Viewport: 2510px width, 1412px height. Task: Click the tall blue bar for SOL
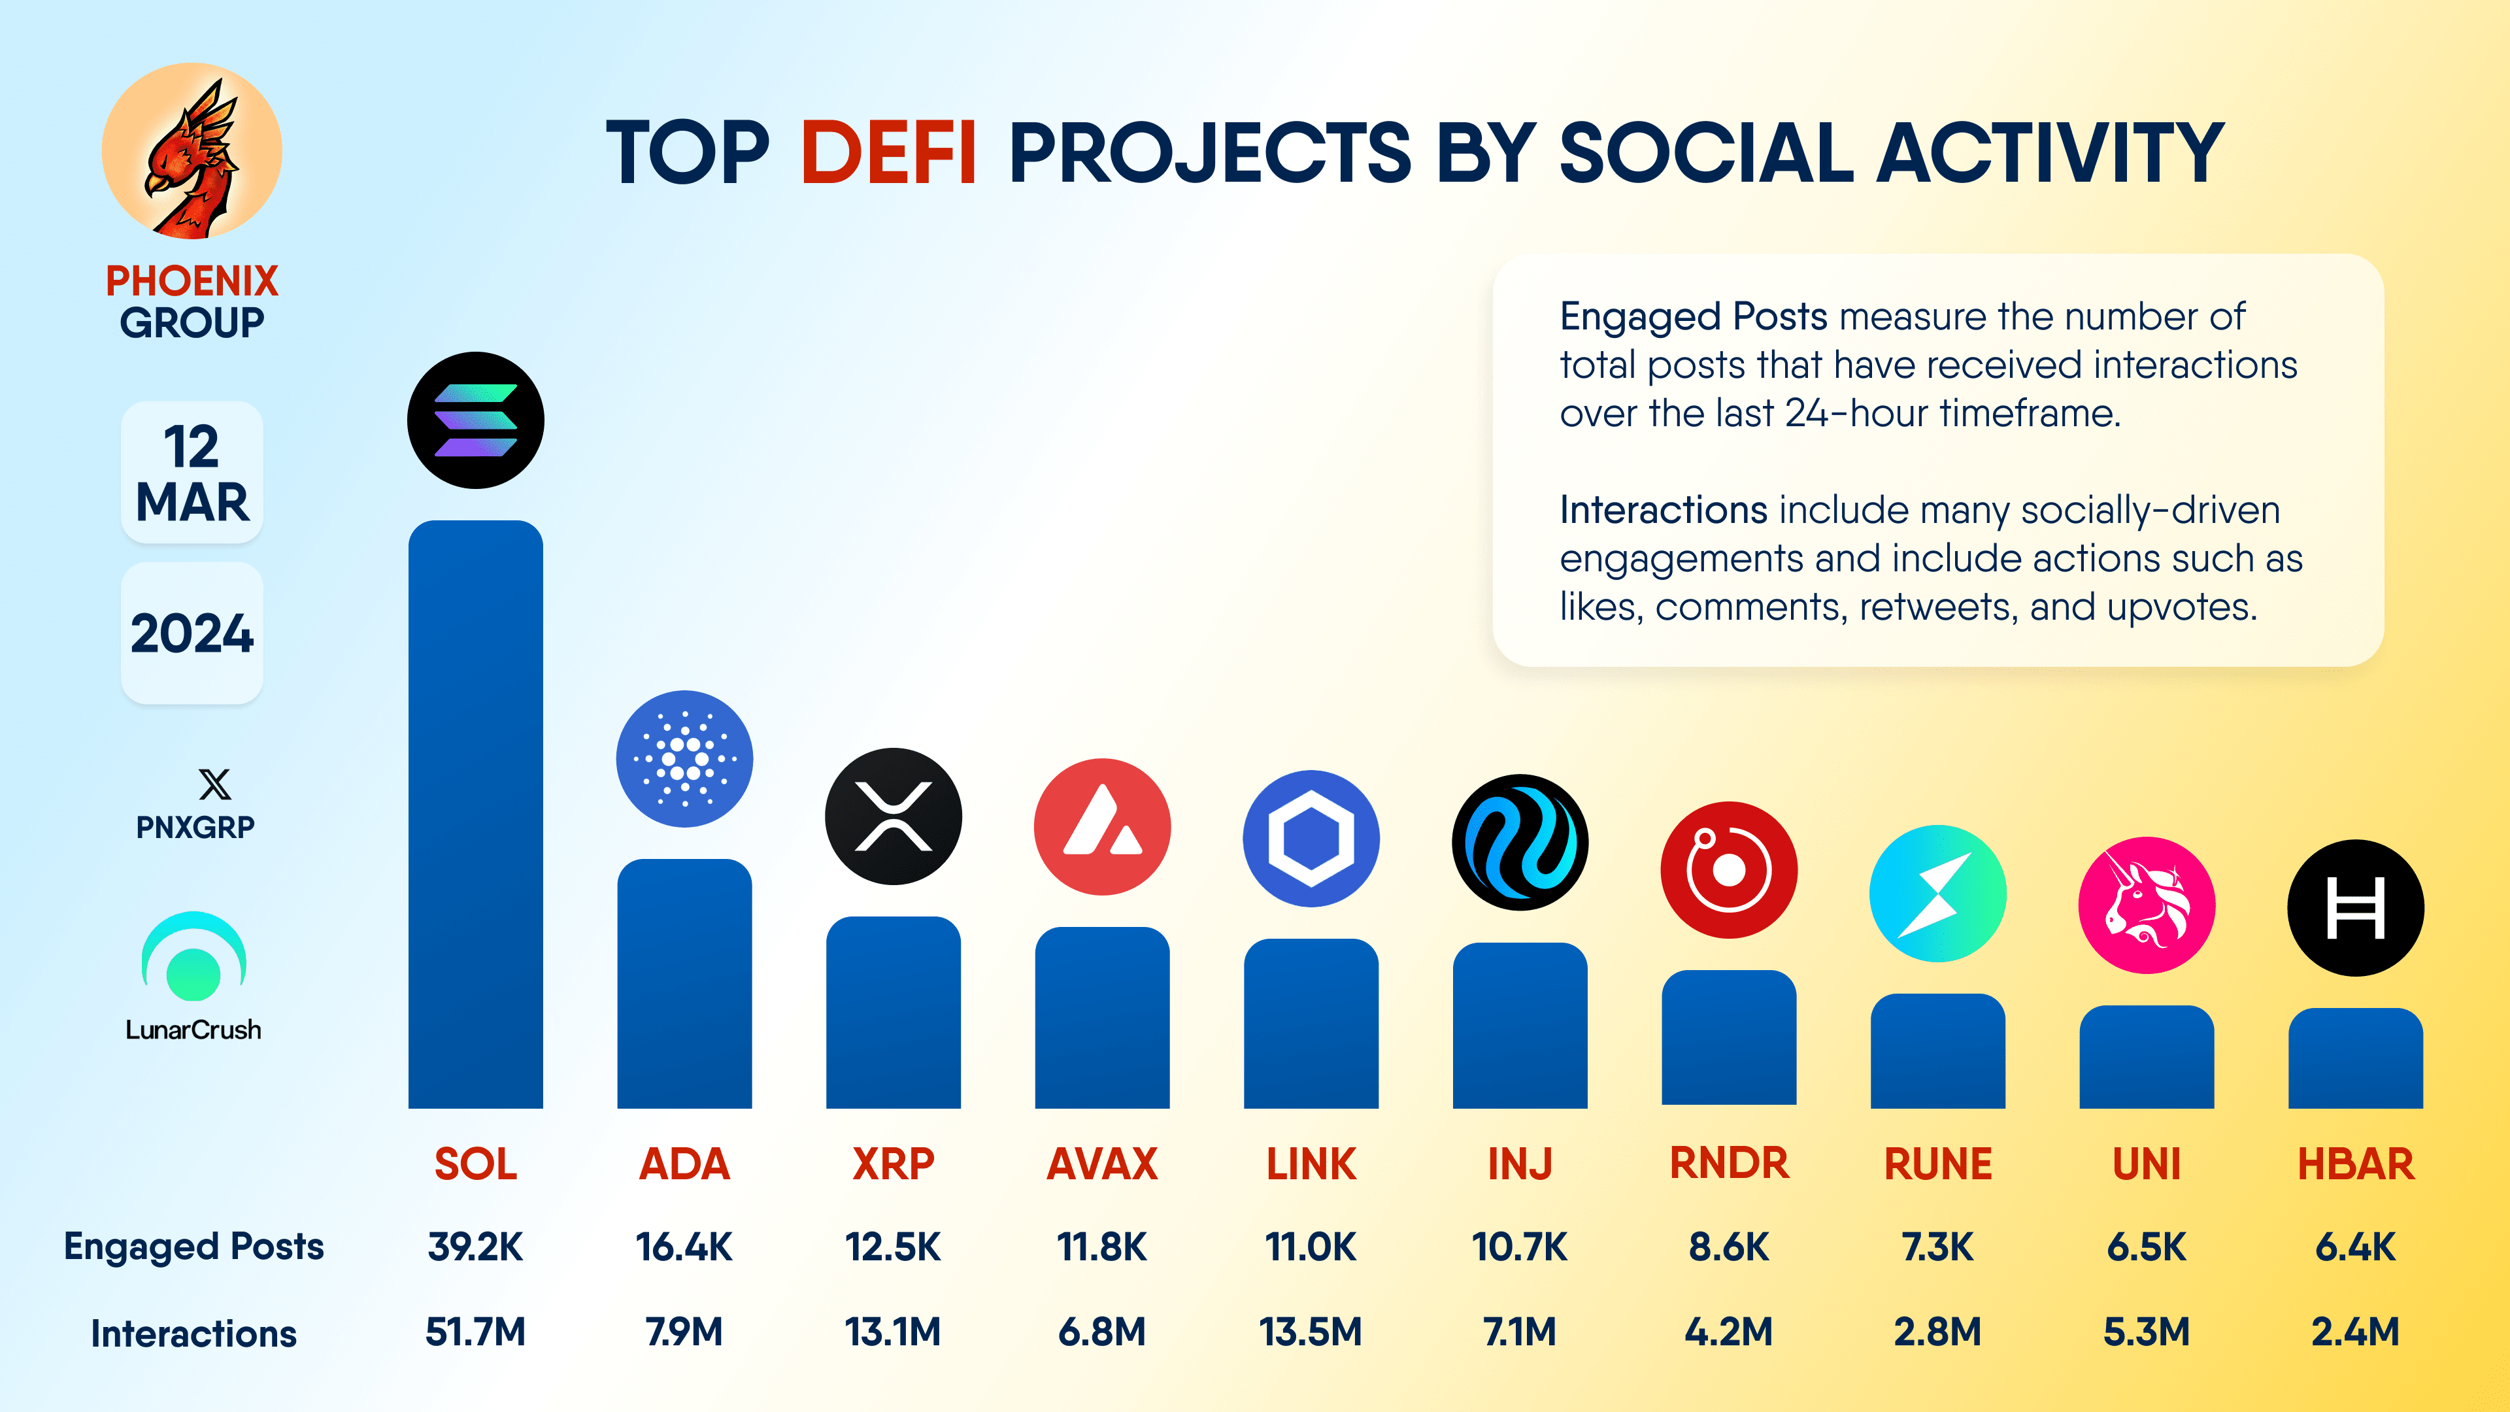(x=475, y=814)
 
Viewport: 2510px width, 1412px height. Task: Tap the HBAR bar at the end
(x=2355, y=1058)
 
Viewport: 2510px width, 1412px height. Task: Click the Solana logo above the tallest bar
(x=475, y=420)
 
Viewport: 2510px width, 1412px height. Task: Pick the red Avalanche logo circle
(x=1102, y=826)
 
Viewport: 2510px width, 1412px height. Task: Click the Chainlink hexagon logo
(x=1311, y=838)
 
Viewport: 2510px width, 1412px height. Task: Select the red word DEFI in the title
(x=888, y=153)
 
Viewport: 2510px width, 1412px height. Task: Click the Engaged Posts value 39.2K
(x=475, y=1247)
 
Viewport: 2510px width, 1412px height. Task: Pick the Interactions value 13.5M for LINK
(x=1311, y=1331)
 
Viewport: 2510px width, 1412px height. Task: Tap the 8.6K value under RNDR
(x=1728, y=1247)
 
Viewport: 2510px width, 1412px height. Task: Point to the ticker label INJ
(x=1519, y=1164)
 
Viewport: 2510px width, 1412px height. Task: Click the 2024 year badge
(x=192, y=633)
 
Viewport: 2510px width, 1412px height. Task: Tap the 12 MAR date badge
(x=192, y=473)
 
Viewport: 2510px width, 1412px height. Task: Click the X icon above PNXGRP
(x=214, y=784)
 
